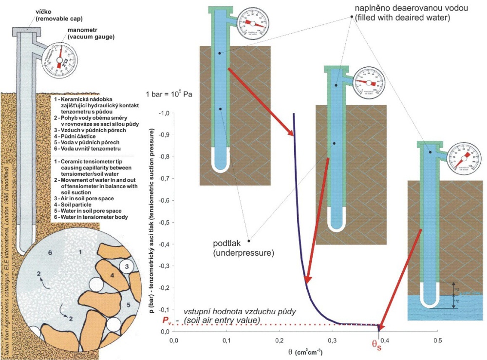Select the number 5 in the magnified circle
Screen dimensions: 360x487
129,305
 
